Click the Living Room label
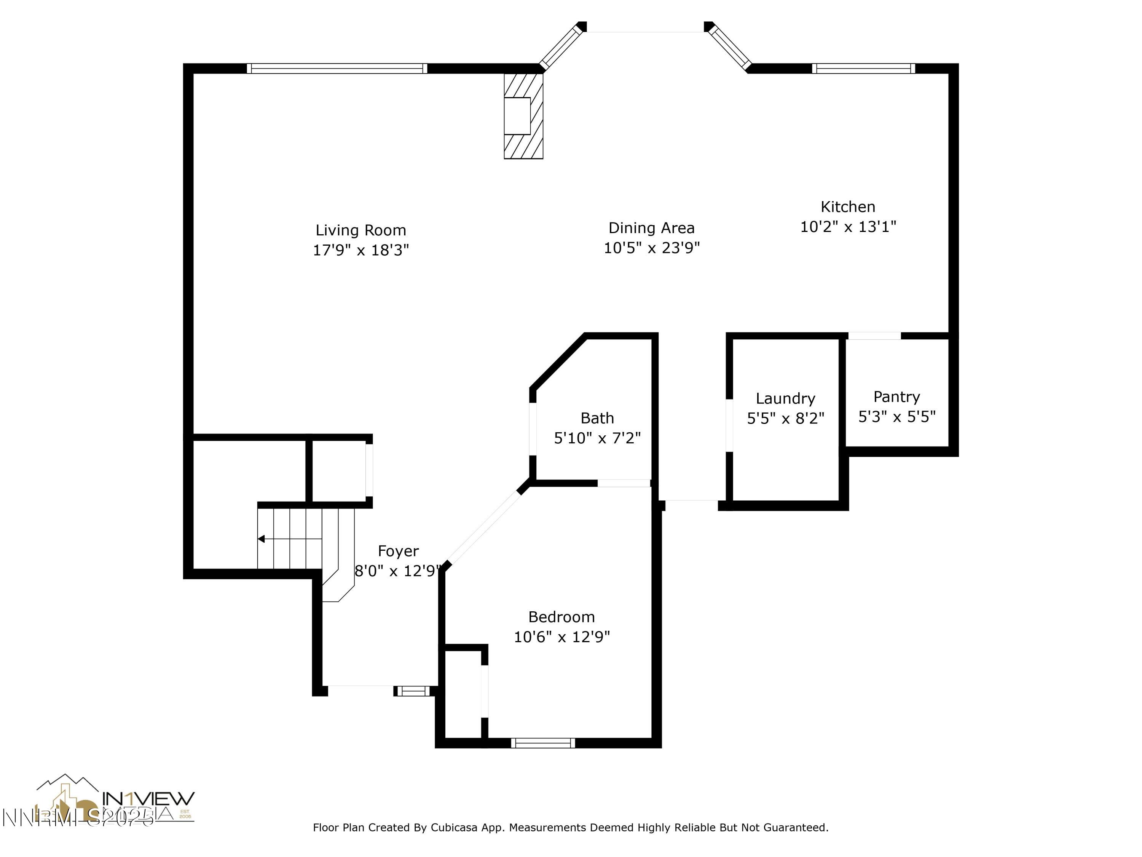pos(360,230)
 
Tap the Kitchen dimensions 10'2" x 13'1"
pos(848,227)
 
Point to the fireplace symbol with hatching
pos(523,116)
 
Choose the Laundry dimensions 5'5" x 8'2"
pos(785,418)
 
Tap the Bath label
pos(597,418)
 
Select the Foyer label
pos(398,551)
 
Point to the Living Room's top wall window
pos(337,68)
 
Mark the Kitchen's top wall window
pos(863,68)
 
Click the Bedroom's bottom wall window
pos(542,743)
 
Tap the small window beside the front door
pos(412,691)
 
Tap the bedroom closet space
pos(463,693)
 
